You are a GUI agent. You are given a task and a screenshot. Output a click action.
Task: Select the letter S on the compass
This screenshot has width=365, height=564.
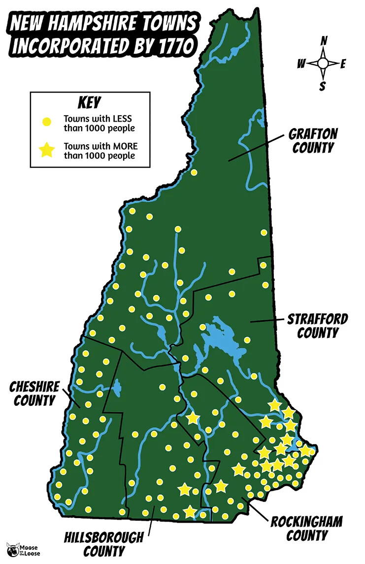coord(323,87)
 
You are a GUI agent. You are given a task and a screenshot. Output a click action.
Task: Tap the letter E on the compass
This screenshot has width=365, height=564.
coord(343,63)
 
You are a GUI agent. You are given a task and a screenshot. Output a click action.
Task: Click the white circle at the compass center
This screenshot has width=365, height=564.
coord(323,63)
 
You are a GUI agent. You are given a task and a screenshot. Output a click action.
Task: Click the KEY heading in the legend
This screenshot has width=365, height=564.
coord(89,102)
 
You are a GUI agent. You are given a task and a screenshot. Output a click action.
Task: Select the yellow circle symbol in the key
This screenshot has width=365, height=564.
coord(46,121)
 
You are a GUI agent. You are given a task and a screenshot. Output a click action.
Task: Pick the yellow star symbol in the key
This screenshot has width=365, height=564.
coord(46,150)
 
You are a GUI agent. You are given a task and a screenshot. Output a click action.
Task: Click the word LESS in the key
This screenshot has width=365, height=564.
coord(121,119)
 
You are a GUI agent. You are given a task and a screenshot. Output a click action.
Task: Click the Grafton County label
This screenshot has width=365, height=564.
coord(313,140)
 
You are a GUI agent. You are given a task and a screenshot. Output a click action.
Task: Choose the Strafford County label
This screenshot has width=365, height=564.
coord(317,326)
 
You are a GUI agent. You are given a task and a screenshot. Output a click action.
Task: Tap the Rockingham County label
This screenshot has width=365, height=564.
coord(306,528)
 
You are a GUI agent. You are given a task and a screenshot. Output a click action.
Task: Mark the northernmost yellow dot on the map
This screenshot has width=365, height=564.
coord(194,172)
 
